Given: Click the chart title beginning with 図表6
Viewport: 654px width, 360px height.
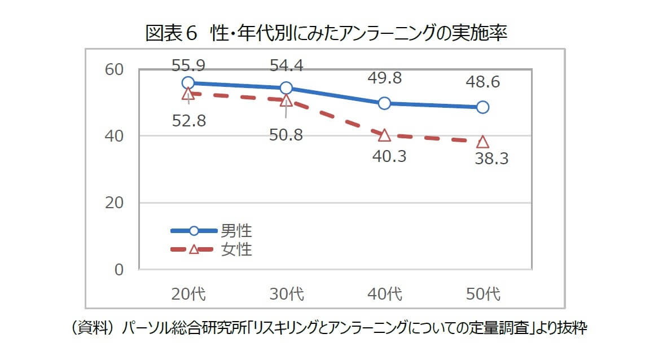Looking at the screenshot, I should pos(326,33).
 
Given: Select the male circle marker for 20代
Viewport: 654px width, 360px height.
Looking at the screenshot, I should pos(188,83).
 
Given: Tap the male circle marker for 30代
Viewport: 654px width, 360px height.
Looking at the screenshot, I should pos(286,88).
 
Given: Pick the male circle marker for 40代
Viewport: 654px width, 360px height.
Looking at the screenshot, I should pos(384,103).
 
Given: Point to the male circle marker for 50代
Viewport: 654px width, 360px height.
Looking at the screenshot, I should pos(482,107).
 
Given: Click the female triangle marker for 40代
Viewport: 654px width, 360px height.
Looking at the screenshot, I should pos(384,135).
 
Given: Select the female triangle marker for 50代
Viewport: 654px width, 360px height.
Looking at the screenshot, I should pos(482,142).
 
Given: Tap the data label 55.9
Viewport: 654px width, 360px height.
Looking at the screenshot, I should pos(188,66).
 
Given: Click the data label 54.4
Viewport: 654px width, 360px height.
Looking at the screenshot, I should pos(286,66).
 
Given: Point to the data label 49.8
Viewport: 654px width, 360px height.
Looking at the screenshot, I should pos(384,78).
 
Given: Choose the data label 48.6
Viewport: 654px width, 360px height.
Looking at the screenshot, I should pos(482,82).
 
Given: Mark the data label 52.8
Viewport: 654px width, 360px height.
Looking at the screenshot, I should pos(188,121).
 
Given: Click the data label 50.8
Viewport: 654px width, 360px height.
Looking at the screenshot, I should pos(286,135).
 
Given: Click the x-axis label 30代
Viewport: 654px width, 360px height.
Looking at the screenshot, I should pos(286,294).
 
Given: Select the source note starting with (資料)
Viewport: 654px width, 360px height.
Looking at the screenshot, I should pos(326,329).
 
